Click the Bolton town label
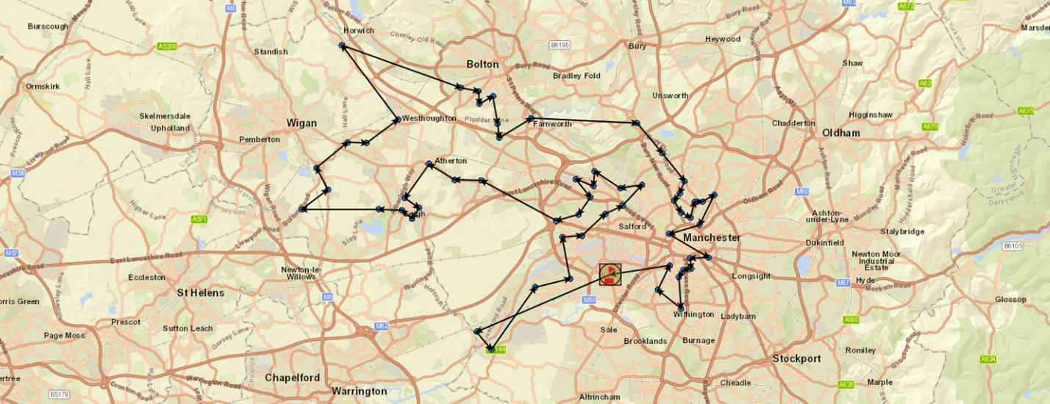click(482, 65)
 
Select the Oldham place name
click(841, 133)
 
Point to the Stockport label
click(796, 359)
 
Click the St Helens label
click(200, 292)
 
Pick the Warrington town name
click(360, 391)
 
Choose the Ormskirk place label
click(42, 86)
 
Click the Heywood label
click(722, 39)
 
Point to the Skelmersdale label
click(165, 116)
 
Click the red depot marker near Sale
click(610, 275)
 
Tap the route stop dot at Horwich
click(342, 46)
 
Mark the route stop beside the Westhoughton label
click(398, 119)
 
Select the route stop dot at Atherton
click(429, 164)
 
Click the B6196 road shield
click(560, 45)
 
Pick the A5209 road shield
click(167, 46)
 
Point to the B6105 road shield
click(1013, 245)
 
